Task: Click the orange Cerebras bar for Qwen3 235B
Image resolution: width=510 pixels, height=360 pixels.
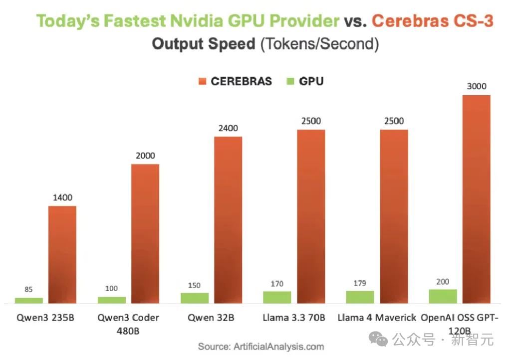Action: pyautogui.click(x=62, y=254)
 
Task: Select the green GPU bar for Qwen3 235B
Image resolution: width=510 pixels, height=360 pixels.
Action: pyautogui.click(x=28, y=300)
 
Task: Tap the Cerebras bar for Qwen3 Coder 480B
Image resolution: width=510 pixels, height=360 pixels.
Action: pyautogui.click(x=145, y=233)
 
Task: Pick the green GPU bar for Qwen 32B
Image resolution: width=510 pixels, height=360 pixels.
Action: pyautogui.click(x=195, y=298)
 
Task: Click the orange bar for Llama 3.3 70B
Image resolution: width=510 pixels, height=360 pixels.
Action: pyautogui.click(x=311, y=216)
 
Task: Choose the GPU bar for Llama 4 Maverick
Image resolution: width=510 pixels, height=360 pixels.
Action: pyautogui.click(x=360, y=297)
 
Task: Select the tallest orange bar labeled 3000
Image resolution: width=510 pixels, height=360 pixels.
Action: pyautogui.click(x=477, y=199)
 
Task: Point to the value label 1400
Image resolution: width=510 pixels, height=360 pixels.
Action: pyautogui.click(x=63, y=198)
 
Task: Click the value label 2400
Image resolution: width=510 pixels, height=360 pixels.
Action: pyautogui.click(x=228, y=129)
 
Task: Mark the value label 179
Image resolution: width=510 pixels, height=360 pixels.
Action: pyautogui.click(x=360, y=283)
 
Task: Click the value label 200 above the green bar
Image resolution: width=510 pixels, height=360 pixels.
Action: pyautogui.click(x=443, y=282)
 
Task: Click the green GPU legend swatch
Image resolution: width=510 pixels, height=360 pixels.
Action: pyautogui.click(x=290, y=81)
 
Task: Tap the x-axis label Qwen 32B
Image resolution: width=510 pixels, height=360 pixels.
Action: pyautogui.click(x=211, y=318)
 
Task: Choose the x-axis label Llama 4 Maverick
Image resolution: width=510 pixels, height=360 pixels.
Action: pyautogui.click(x=377, y=318)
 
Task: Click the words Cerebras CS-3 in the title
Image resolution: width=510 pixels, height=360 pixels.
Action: pyautogui.click(x=432, y=21)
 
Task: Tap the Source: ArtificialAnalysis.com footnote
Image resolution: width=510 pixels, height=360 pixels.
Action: pyautogui.click(x=261, y=347)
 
